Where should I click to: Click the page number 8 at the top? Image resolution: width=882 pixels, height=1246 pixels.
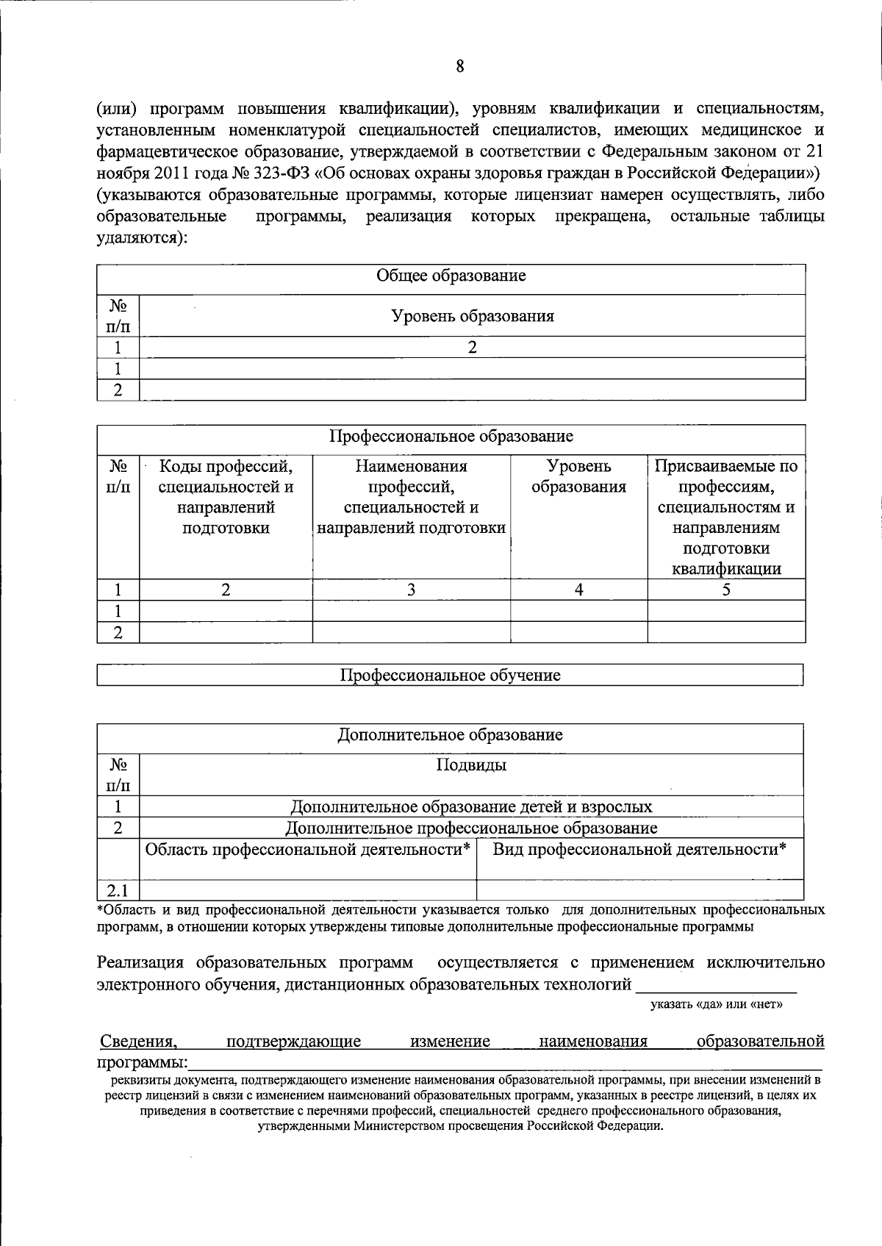point(459,67)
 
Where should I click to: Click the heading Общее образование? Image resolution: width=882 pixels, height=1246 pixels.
point(451,276)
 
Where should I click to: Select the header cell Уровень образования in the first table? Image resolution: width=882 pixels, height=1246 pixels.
point(472,316)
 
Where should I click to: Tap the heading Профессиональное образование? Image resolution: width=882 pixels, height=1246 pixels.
point(451,436)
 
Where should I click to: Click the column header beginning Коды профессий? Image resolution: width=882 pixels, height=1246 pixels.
point(226,497)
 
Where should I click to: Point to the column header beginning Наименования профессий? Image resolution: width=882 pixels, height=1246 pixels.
point(411,497)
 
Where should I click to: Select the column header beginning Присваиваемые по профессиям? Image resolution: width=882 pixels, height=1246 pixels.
point(725,517)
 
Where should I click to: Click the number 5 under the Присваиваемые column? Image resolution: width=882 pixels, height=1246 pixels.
point(725,590)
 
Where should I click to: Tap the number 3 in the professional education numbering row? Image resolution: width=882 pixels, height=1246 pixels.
point(411,590)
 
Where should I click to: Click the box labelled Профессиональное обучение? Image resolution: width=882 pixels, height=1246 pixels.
point(450,675)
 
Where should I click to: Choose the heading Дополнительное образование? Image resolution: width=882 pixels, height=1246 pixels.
point(450,735)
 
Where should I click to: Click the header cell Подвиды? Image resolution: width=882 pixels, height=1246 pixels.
point(471,765)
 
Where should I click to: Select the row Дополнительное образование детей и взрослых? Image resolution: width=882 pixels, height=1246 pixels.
point(471,806)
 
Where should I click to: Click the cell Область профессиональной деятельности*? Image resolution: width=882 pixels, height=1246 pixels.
point(307,850)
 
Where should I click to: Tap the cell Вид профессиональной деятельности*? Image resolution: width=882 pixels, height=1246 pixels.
point(639,850)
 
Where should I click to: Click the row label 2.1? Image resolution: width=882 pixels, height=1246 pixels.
point(118,892)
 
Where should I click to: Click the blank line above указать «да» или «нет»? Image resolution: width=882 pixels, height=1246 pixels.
point(716,985)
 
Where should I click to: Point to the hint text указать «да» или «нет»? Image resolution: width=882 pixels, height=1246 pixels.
point(716,1004)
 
